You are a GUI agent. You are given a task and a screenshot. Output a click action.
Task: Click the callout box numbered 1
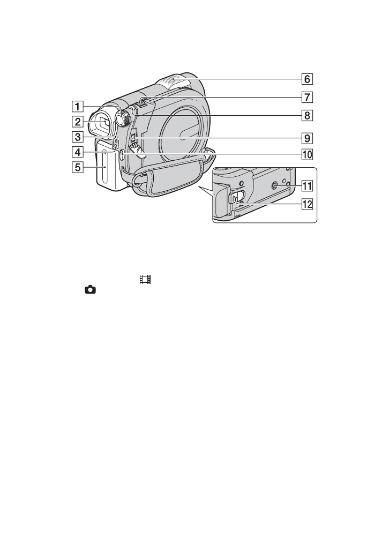tap(78, 106)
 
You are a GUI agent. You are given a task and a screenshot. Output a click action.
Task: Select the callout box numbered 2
tap(78, 122)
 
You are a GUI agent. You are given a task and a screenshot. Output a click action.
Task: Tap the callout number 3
tap(78, 137)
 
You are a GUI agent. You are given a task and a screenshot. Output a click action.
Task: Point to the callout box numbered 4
tap(78, 152)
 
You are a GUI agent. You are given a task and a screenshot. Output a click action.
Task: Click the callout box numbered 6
tap(307, 79)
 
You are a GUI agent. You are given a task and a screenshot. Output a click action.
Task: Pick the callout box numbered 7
tap(307, 97)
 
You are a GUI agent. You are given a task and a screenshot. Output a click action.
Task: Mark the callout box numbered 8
tap(307, 115)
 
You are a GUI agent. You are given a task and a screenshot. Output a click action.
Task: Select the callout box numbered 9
tap(307, 138)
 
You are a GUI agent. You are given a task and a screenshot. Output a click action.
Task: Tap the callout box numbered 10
tap(307, 154)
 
